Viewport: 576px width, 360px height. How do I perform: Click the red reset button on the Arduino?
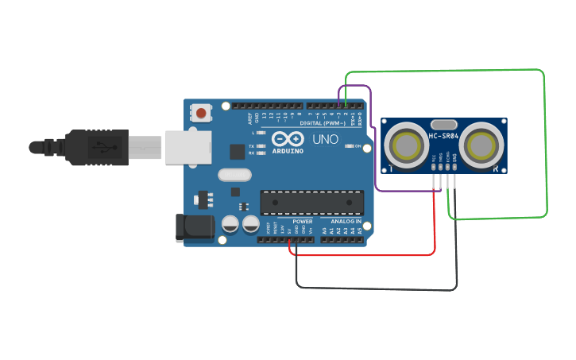pos(201,114)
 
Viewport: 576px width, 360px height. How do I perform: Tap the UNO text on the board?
pos(325,139)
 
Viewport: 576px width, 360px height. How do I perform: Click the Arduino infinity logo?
pos(288,138)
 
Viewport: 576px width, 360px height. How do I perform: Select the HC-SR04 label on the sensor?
pos(445,137)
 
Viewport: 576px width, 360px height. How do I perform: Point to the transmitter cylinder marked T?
pos(406,145)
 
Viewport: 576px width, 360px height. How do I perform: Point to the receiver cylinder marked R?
pos(483,145)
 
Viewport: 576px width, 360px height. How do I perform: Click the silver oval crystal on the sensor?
pos(444,124)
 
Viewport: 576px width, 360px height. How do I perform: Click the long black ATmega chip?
pos(312,203)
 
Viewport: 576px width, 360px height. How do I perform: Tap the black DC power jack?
pos(193,228)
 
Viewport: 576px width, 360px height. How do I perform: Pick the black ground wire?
pos(373,288)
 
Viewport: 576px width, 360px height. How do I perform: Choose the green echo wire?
pos(545,143)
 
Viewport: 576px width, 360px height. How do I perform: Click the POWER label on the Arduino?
pos(303,222)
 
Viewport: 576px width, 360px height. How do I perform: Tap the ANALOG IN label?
pos(342,222)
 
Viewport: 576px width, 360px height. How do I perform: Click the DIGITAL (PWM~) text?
pos(323,122)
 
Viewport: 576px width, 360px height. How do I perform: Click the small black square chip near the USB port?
pos(237,151)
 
